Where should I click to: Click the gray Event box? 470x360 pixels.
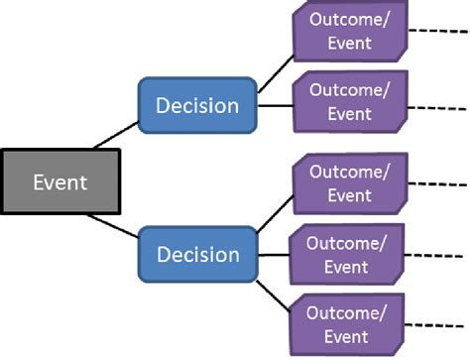[x=60, y=181]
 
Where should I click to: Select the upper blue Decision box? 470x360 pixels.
[x=197, y=104]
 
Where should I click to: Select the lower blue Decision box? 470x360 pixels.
[x=197, y=254]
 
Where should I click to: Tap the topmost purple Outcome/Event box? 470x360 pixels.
[x=349, y=32]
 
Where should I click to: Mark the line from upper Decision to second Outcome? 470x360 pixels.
[x=276, y=104]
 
